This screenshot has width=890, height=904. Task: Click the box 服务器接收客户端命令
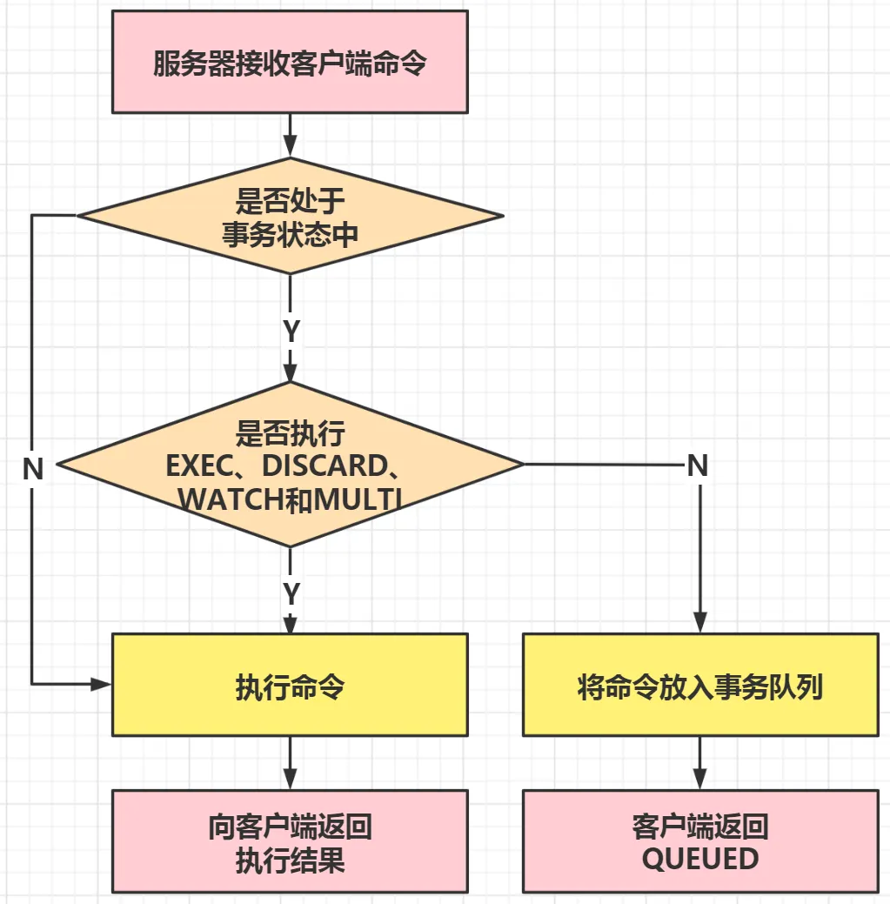[290, 62]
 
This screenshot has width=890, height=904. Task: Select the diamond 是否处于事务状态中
[290, 216]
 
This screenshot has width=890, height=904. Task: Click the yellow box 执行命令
[290, 686]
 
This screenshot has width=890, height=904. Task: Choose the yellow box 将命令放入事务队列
[699, 686]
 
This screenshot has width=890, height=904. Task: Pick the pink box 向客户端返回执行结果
[290, 841]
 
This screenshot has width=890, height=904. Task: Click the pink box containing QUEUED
[699, 841]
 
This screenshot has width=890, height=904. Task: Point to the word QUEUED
[699, 859]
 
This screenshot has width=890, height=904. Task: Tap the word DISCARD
[322, 465]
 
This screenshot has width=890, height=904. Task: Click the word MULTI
[357, 499]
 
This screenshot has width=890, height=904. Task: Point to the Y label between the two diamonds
[291, 331]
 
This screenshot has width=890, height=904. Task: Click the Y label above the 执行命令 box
[291, 594]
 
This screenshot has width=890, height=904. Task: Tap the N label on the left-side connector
[33, 469]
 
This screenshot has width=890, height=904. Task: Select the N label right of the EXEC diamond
[698, 465]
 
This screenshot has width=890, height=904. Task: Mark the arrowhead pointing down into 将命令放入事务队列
[699, 623]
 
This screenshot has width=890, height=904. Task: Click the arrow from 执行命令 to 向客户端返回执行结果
[290, 763]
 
